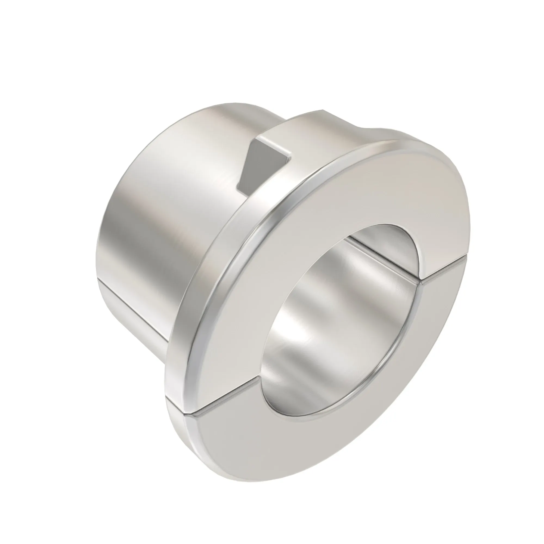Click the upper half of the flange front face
(366, 191)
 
